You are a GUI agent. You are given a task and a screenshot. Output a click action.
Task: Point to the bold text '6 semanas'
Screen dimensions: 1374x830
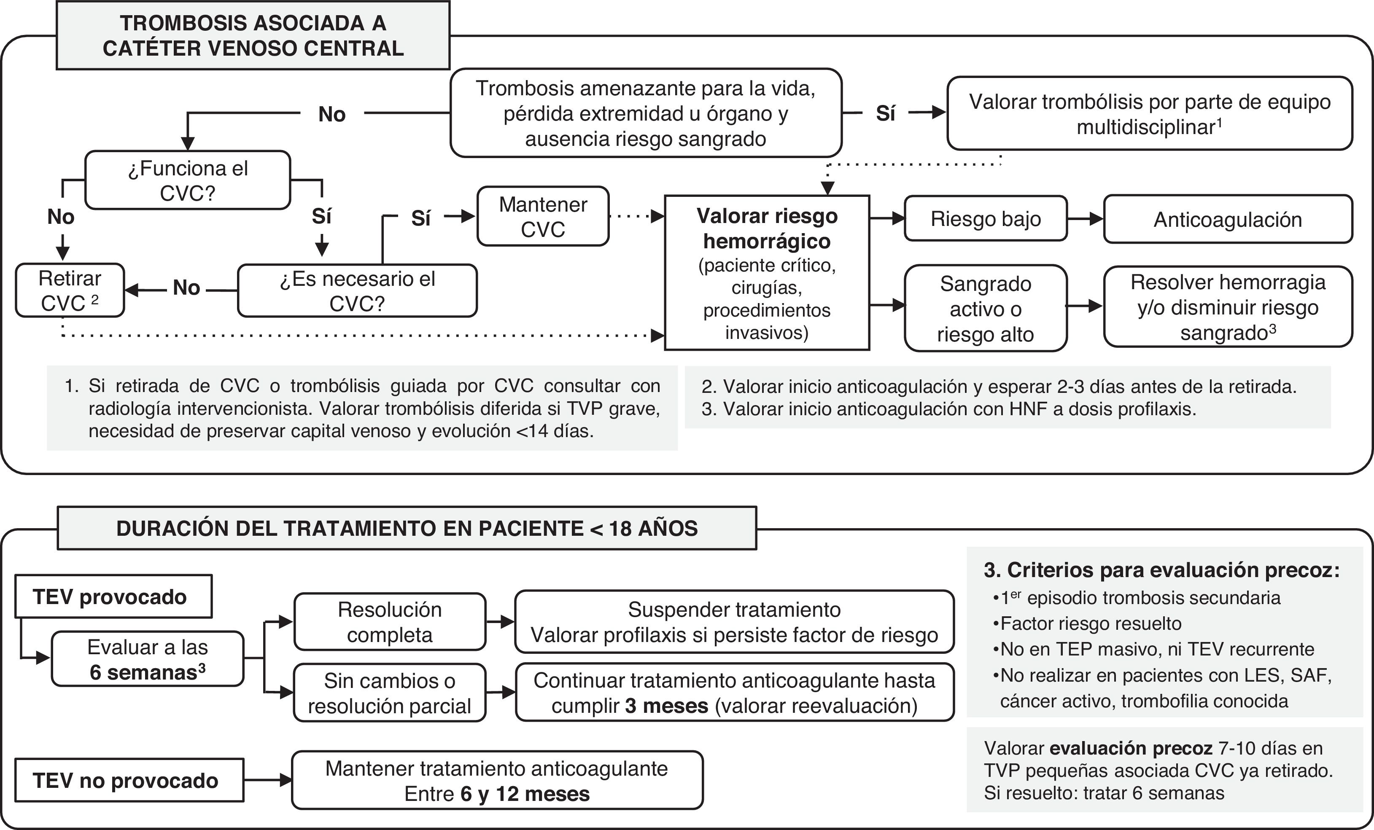[144, 672]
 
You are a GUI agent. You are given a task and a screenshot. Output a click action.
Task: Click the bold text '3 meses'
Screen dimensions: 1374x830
[667, 706]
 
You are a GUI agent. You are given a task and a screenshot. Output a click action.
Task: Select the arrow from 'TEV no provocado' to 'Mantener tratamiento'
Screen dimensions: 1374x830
[268, 780]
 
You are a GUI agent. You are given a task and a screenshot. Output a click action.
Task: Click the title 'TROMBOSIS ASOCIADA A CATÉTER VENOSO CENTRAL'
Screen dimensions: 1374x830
[253, 36]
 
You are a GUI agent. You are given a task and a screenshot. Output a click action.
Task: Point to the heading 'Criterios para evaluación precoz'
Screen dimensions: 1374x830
[1161, 569]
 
